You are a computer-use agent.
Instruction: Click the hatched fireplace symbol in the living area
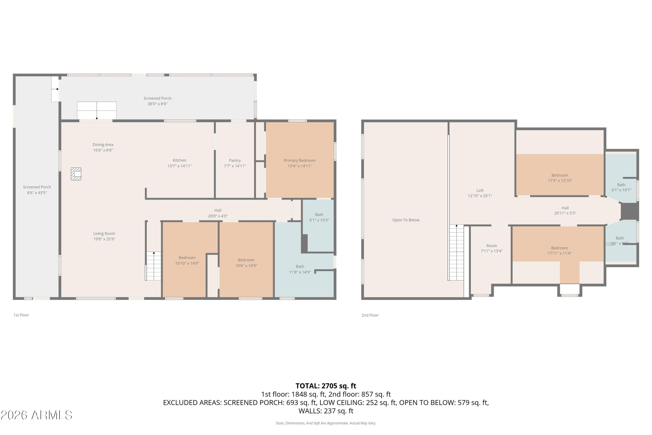point(76,174)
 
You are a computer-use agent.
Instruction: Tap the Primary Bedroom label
point(300,160)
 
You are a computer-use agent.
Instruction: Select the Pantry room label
point(235,160)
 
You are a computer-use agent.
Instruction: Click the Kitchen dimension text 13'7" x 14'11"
point(179,166)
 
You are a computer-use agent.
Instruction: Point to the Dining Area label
point(103,145)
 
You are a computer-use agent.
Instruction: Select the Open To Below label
point(406,220)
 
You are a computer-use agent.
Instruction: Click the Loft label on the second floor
point(480,190)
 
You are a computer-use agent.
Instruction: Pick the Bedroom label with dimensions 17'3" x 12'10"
point(560,175)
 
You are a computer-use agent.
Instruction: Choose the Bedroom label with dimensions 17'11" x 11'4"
point(559,248)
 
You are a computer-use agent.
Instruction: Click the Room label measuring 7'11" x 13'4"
point(491,246)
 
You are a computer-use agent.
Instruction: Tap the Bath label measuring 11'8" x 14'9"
point(300,266)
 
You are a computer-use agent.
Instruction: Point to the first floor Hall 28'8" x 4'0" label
point(218,210)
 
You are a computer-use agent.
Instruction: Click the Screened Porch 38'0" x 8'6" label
point(157,98)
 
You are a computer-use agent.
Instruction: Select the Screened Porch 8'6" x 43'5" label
point(37,187)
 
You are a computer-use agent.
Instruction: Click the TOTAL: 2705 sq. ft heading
point(326,386)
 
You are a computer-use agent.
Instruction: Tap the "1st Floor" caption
point(21,315)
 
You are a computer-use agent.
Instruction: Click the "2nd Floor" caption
point(370,315)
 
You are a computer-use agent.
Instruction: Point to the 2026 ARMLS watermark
point(36,415)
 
